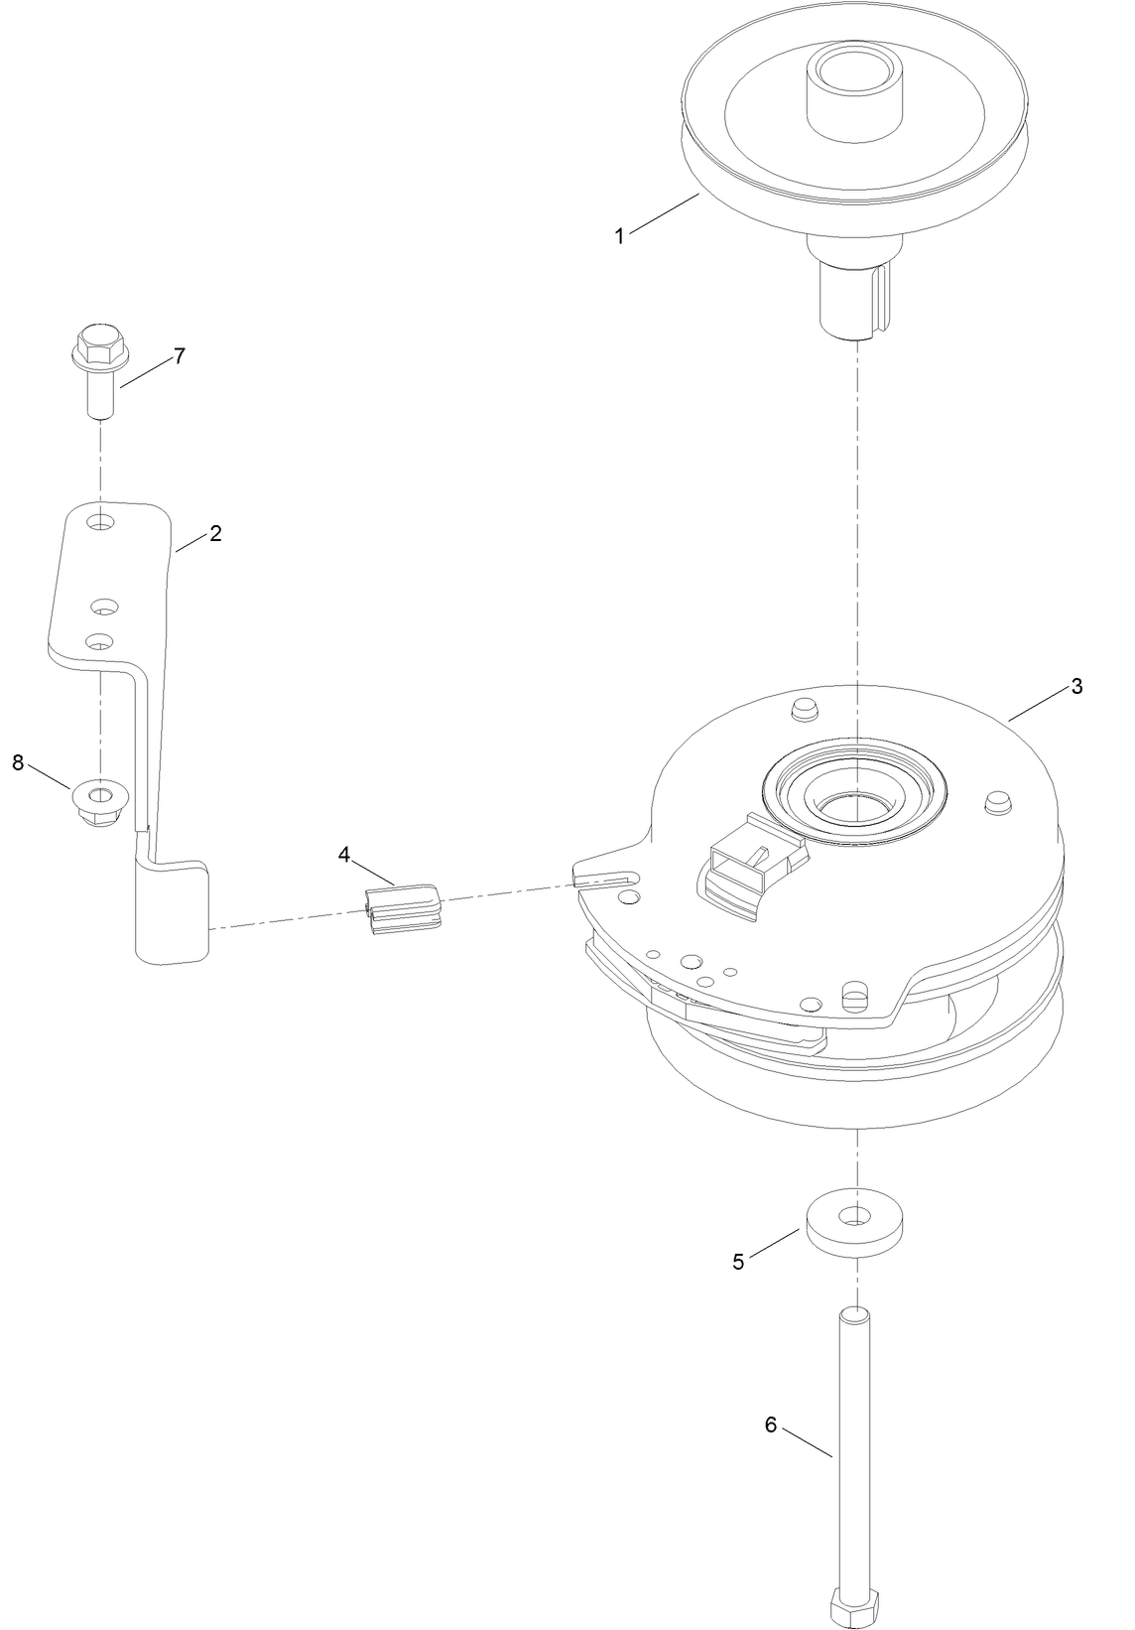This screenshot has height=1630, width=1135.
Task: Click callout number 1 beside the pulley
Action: tap(619, 236)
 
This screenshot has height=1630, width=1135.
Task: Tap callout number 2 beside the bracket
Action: tap(215, 533)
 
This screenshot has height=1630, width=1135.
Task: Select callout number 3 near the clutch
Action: tap(1076, 686)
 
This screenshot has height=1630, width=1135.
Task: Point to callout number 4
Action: tap(344, 854)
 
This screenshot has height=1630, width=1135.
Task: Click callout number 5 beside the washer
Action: tap(738, 1262)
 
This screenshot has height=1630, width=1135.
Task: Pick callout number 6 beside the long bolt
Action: tap(771, 1425)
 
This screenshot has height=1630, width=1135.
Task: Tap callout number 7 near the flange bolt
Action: tap(180, 356)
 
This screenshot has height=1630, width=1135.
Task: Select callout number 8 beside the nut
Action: tap(18, 762)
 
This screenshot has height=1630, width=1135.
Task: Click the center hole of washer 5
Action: tap(855, 1214)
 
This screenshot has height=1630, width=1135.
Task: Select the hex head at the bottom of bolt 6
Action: tap(855, 1607)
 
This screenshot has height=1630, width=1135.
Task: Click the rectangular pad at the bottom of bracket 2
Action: tap(173, 911)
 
